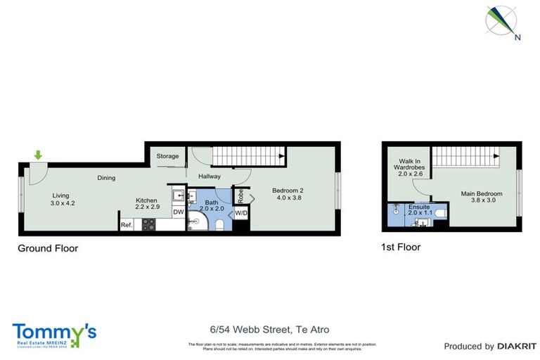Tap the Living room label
point(62,200)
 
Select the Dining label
point(106,178)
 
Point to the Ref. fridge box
point(127,225)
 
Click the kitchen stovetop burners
point(148,225)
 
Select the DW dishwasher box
point(178,212)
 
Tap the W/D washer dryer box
point(240,212)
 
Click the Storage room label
point(167,156)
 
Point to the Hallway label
point(210,176)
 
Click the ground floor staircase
point(247,155)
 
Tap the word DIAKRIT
point(517,346)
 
